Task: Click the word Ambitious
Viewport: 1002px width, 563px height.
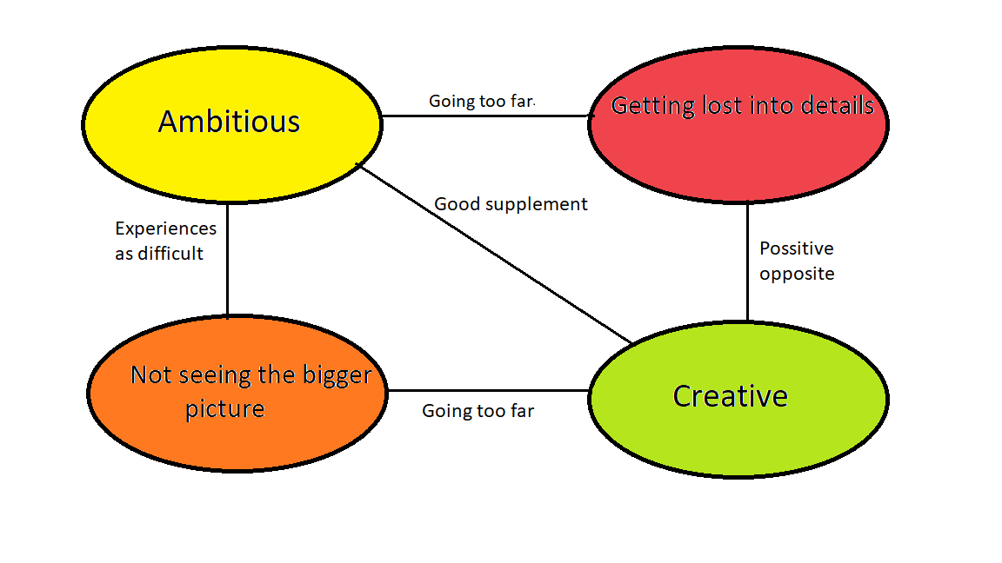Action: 229,122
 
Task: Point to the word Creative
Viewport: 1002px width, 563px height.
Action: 730,396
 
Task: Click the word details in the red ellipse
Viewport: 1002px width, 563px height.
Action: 831,106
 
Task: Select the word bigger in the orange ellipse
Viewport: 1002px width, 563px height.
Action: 336,375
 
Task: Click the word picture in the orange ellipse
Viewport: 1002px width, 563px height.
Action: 224,408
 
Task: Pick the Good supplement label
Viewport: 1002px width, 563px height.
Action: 511,204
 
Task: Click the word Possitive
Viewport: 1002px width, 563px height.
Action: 796,248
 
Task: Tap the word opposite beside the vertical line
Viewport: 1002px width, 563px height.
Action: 796,274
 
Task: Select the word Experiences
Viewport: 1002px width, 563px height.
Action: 165,229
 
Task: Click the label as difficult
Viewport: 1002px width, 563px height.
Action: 159,254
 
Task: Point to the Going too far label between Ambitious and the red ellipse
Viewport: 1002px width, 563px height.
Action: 482,102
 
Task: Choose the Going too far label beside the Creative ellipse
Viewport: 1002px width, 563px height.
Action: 478,411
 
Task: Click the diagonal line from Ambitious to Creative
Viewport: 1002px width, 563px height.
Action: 493,252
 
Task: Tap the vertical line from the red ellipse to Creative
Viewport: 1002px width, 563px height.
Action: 747,261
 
